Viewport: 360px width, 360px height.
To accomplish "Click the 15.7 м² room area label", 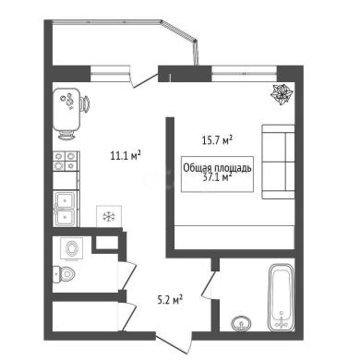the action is (217, 140).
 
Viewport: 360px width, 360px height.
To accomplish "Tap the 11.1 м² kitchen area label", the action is (126, 155).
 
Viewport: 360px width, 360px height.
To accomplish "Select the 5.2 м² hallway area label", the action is (170, 299).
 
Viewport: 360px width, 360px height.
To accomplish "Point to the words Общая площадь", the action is (217, 168).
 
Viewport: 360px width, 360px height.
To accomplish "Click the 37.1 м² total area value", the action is (217, 177).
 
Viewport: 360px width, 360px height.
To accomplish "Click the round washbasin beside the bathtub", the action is (241, 323).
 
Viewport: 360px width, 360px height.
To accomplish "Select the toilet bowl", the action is (64, 274).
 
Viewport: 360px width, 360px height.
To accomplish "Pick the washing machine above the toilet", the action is (72, 248).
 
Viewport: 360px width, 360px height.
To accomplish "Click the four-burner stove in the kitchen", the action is (65, 161).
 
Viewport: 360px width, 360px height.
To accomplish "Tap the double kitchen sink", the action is (65, 209).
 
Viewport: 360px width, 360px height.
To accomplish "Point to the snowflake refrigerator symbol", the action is (109, 216).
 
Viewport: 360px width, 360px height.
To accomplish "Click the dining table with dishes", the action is (66, 110).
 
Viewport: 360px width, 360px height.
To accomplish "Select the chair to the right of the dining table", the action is (85, 103).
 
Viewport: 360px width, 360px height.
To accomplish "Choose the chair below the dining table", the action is (66, 135).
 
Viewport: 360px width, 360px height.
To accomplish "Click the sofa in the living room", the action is (278, 162).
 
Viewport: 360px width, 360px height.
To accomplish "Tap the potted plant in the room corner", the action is (282, 94).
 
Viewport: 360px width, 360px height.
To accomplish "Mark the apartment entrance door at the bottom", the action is (174, 342).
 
